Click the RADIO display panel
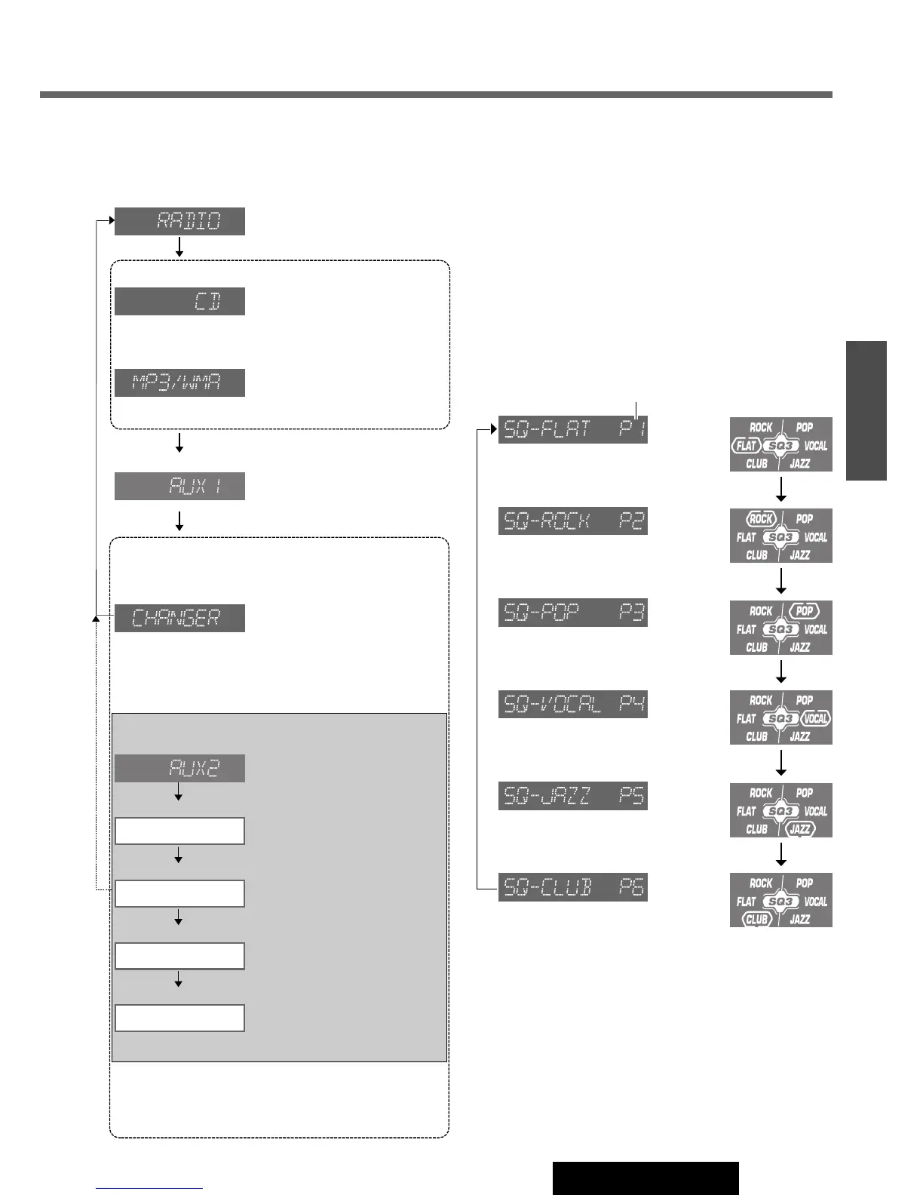pyautogui.click(x=179, y=221)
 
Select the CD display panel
pyautogui.click(x=179, y=301)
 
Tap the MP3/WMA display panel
pyautogui.click(x=179, y=382)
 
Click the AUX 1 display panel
pyautogui.click(x=179, y=486)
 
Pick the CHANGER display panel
pyautogui.click(x=179, y=618)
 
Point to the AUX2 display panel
pyautogui.click(x=179, y=768)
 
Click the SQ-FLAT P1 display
pyautogui.click(x=573, y=429)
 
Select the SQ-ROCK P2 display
pyautogui.click(x=573, y=521)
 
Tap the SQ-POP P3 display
pyautogui.click(x=573, y=613)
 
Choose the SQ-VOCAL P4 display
pyautogui.click(x=573, y=704)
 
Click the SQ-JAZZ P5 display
pyautogui.click(x=573, y=796)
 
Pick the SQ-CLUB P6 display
pyautogui.click(x=573, y=887)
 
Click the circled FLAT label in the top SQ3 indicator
pyautogui.click(x=746, y=446)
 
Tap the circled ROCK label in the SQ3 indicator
pyautogui.click(x=761, y=519)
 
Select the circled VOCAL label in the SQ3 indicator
pyautogui.click(x=816, y=719)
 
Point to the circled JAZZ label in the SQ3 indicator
pyautogui.click(x=800, y=829)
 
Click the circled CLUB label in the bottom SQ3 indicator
pyautogui.click(x=756, y=920)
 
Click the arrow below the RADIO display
pyautogui.click(x=179, y=247)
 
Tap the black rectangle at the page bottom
pyautogui.click(x=645, y=1178)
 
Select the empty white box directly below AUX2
pyautogui.click(x=179, y=831)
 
